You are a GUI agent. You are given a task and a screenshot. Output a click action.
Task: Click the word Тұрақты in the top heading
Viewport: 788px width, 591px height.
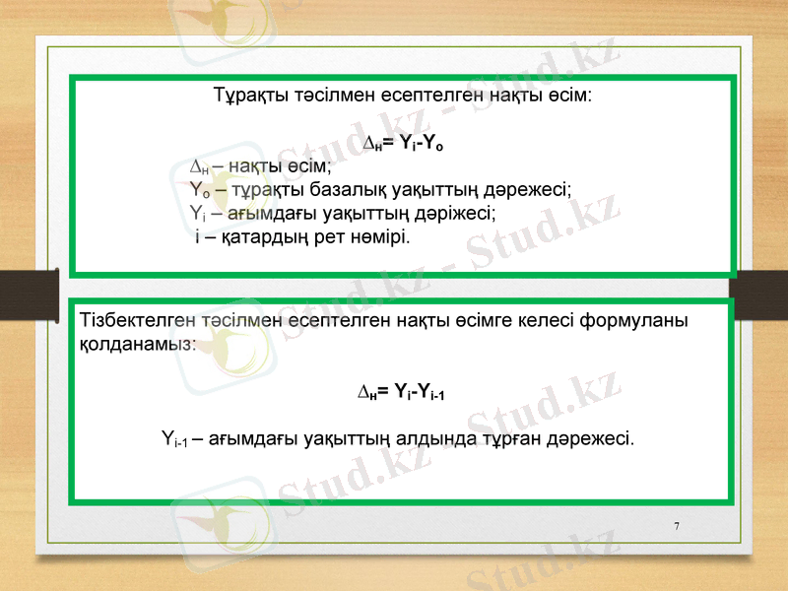[x=247, y=97]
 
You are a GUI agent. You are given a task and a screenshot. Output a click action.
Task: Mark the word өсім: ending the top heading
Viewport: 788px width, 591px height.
[x=568, y=97]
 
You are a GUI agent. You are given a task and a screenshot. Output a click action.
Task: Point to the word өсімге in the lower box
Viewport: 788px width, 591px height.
[x=476, y=321]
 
